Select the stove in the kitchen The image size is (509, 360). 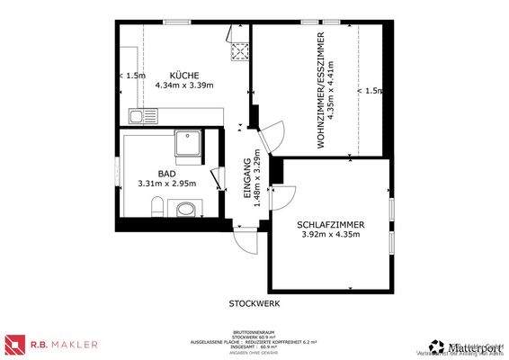pyautogui.click(x=239, y=51)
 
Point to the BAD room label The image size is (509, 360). pyautogui.click(x=166, y=174)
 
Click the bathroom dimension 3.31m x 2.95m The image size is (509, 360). pyautogui.click(x=166, y=184)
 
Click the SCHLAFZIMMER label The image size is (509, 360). pyautogui.click(x=329, y=226)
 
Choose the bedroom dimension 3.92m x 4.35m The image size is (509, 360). pyautogui.click(x=329, y=236)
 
